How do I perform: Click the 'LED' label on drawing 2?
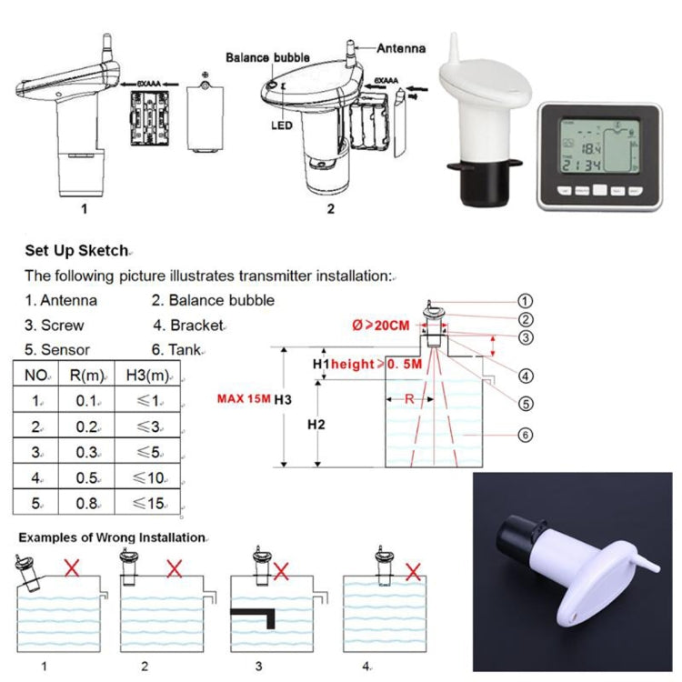coord(280,125)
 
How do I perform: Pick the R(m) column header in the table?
coord(88,374)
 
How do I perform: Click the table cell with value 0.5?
coord(88,476)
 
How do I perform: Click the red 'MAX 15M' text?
coord(245,398)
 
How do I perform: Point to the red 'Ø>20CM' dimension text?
coord(381,326)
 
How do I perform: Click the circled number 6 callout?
coord(525,435)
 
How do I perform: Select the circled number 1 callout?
coord(525,300)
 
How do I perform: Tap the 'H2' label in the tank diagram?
coord(316,425)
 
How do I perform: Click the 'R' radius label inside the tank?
coord(411,398)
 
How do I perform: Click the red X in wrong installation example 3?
coord(282,571)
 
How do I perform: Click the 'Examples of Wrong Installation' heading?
coord(111,537)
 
